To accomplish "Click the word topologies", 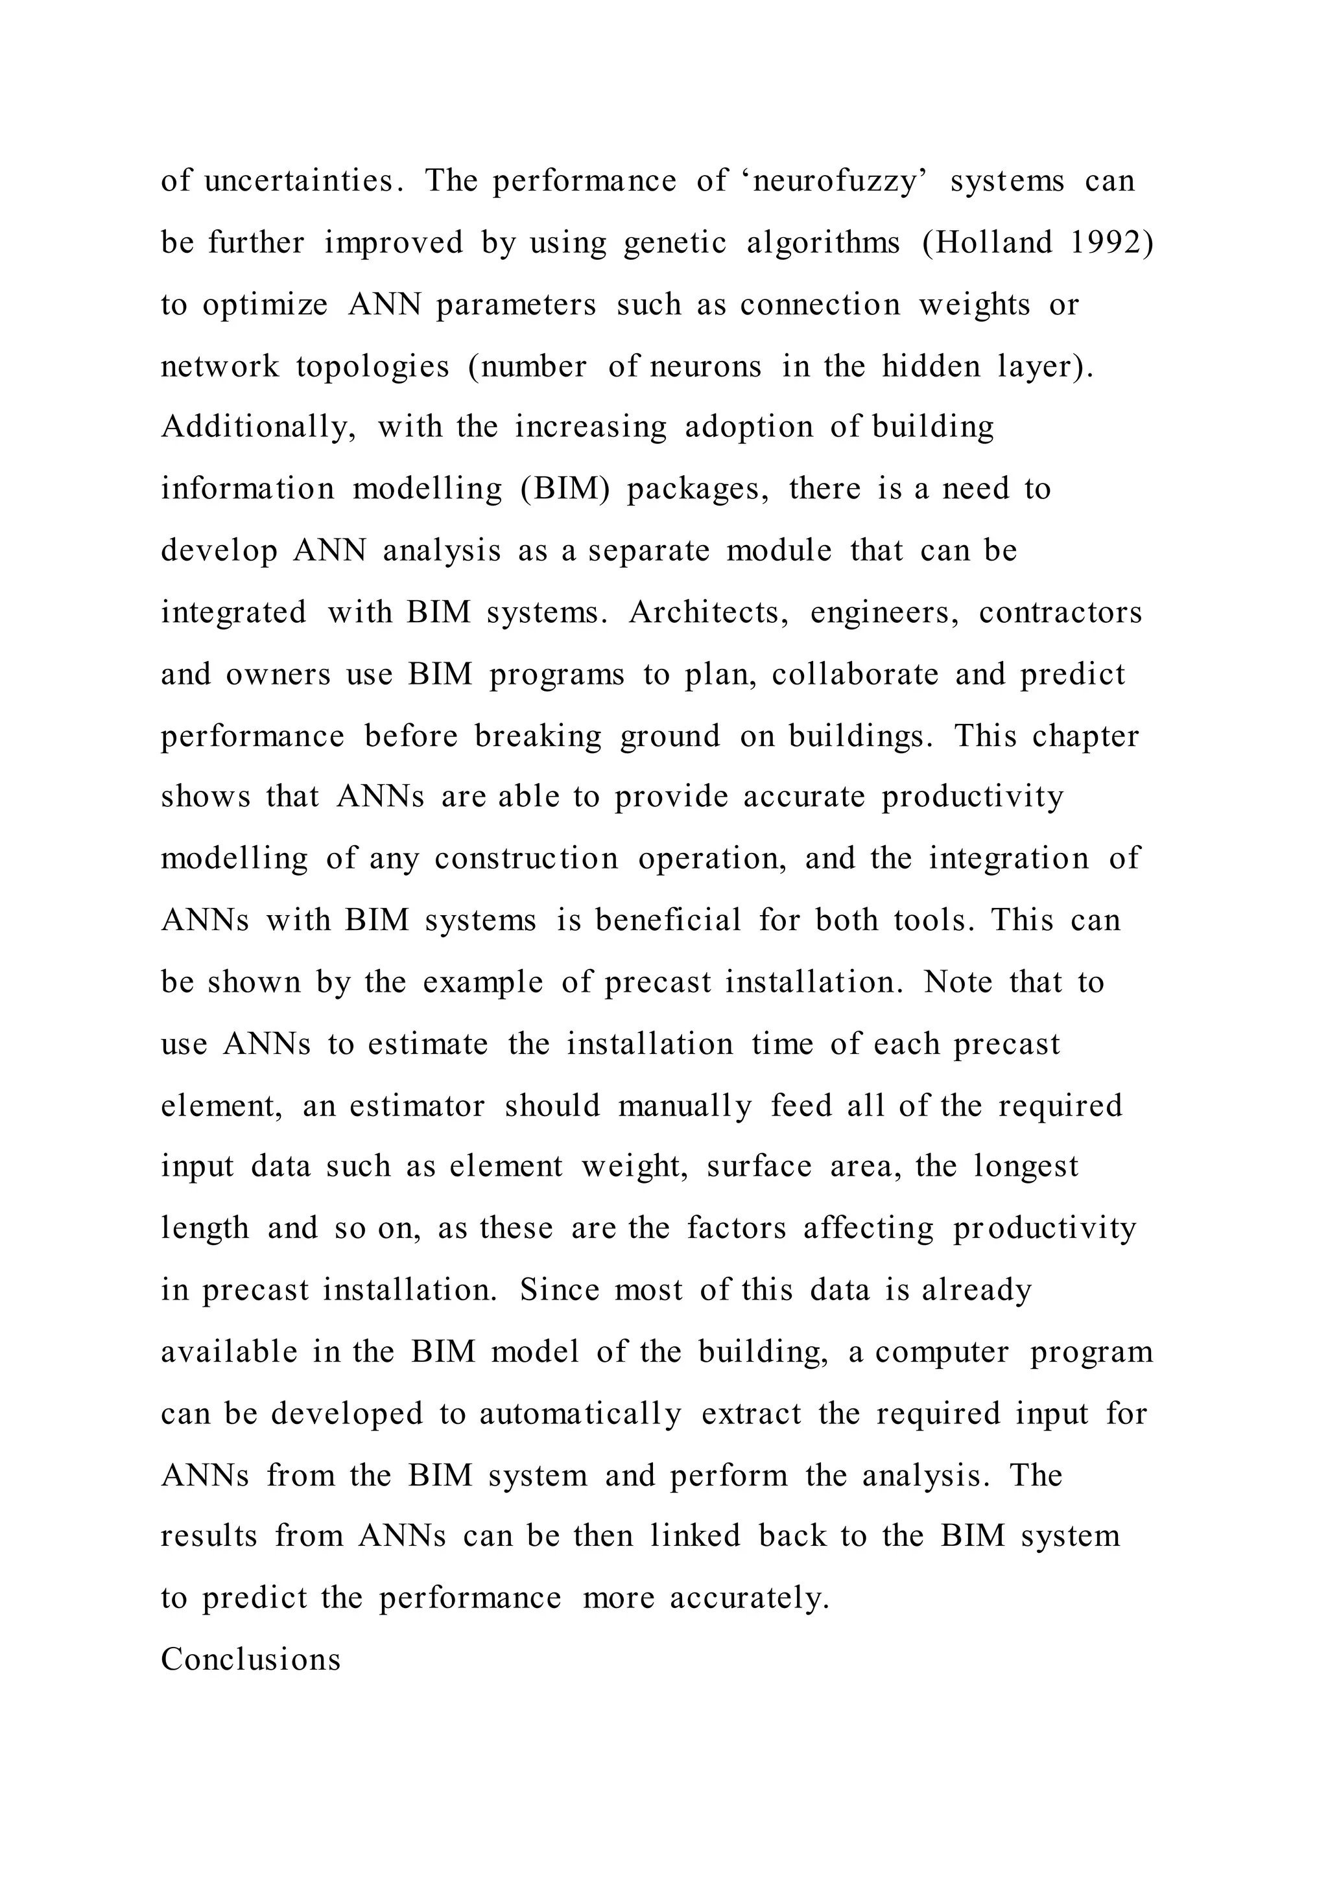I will point(372,366).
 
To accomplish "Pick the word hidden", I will point(931,366).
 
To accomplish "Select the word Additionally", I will point(257,428).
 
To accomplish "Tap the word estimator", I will point(417,1106).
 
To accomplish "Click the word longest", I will point(1025,1167).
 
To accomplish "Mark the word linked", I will point(695,1536).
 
